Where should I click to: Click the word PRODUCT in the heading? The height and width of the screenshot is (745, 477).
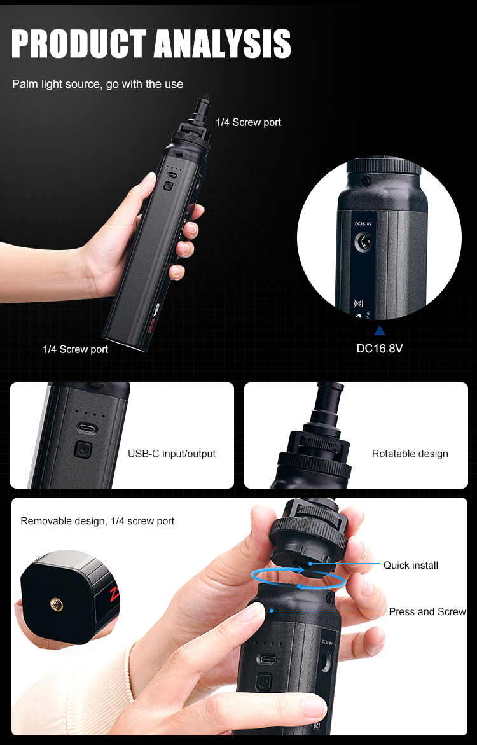(x=79, y=44)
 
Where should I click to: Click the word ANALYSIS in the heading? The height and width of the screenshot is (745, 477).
(x=223, y=44)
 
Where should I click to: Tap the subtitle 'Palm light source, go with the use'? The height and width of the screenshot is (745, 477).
(x=97, y=85)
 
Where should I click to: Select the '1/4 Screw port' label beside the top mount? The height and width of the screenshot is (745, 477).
(x=249, y=122)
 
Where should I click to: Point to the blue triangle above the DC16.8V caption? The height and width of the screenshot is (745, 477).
(x=379, y=331)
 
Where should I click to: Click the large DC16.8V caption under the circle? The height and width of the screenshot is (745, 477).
(x=380, y=348)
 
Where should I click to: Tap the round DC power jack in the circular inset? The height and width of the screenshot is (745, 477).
(x=363, y=243)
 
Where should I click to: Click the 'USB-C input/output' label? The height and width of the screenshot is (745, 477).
(x=172, y=454)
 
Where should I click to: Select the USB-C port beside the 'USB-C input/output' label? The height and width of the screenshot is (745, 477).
(x=86, y=429)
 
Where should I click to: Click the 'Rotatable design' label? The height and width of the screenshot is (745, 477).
(x=410, y=454)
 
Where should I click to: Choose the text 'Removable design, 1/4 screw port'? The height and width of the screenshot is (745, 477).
(x=97, y=521)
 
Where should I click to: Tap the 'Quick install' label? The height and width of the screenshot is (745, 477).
(x=410, y=566)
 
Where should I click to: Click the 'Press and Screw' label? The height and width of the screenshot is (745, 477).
(x=427, y=612)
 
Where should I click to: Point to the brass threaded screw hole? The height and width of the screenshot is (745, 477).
(x=57, y=605)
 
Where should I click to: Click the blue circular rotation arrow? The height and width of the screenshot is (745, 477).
(x=298, y=579)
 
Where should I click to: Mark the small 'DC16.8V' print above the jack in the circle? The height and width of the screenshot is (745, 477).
(x=363, y=223)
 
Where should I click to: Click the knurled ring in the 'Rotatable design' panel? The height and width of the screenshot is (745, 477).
(x=314, y=465)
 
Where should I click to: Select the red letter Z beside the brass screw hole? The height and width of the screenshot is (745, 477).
(x=114, y=595)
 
